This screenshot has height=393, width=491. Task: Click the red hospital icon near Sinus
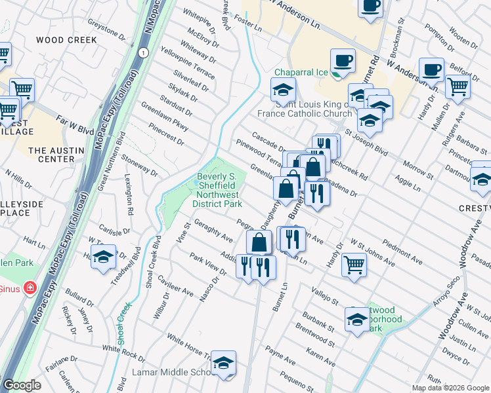coord(29,288)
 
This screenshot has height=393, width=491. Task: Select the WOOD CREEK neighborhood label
coord(66,40)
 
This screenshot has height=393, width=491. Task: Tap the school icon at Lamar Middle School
coord(223,364)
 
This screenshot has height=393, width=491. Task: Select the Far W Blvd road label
coord(75,121)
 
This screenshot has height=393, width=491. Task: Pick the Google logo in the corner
coord(22,385)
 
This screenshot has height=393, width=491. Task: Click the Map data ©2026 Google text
coord(450,388)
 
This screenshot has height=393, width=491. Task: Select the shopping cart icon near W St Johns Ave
coord(353,265)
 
